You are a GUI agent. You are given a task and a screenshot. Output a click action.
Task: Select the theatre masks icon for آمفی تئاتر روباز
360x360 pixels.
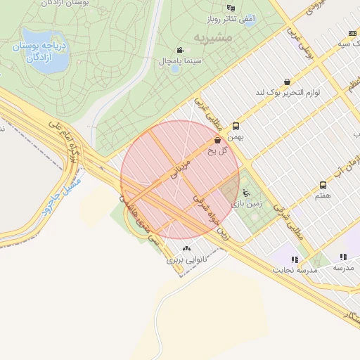(231, 8)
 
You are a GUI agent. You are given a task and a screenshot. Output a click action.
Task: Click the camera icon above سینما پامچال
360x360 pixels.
(181, 50)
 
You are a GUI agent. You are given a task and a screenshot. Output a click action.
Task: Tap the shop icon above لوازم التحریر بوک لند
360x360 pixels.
(286, 82)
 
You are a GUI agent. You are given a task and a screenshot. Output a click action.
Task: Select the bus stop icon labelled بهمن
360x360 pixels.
(235, 126)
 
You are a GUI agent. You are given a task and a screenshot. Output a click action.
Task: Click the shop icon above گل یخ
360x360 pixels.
(216, 141)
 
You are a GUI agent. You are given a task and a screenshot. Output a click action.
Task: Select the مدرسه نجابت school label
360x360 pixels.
(297, 270)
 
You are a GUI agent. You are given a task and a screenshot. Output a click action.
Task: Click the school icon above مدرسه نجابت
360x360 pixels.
(294, 259)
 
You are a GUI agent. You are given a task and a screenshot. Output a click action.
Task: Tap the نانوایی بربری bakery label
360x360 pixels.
(184, 259)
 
